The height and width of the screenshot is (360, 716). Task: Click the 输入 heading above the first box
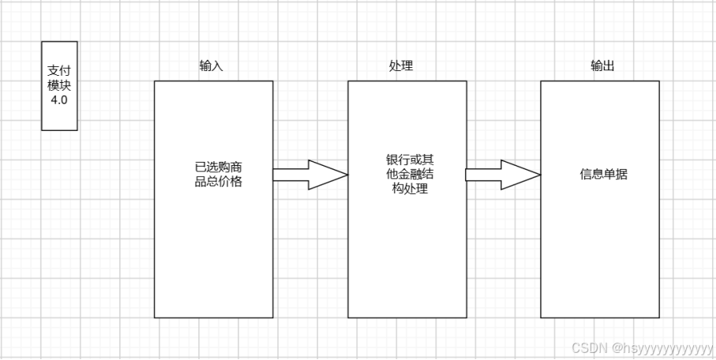point(211,66)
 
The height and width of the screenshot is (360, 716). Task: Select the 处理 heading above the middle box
point(401,66)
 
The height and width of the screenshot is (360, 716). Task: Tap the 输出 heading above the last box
point(602,66)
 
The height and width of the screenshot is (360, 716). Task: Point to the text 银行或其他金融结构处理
point(404,174)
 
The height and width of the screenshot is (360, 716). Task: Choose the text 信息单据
point(603,174)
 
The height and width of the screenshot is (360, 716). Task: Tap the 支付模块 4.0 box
point(59,86)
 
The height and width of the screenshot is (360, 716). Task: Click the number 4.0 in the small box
point(59,101)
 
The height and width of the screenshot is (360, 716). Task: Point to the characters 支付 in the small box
point(59,71)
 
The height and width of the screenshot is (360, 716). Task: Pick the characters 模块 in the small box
point(59,86)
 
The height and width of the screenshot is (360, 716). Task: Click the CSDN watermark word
point(587,348)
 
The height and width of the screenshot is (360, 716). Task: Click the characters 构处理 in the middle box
point(404,189)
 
